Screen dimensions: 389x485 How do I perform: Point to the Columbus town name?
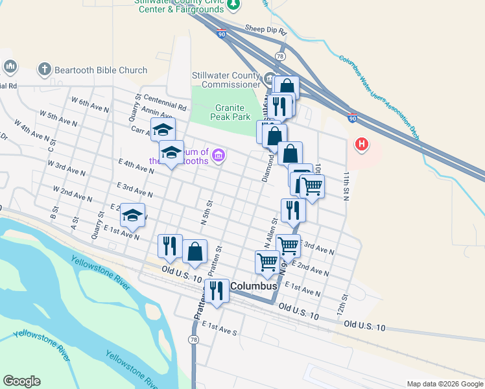tap(254, 286)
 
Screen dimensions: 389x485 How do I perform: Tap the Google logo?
tap(21, 381)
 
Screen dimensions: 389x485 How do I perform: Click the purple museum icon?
tap(219, 155)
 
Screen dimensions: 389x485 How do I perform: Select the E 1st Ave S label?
tap(220, 327)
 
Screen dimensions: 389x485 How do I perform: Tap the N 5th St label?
tap(207, 212)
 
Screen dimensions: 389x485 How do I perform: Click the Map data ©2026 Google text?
tap(444, 384)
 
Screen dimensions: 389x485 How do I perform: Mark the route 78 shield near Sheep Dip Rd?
tap(280, 56)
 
